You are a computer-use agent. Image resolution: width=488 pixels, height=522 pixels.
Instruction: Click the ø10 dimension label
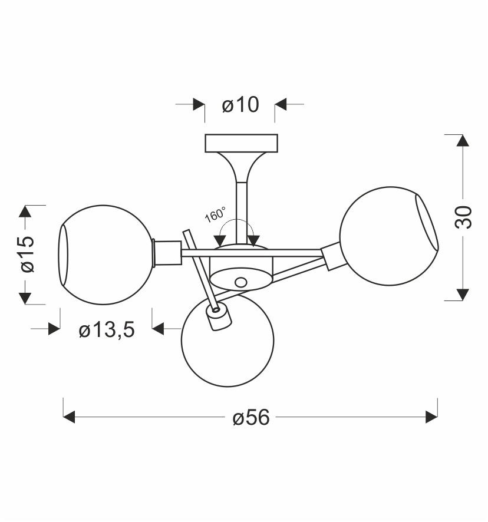[240, 104]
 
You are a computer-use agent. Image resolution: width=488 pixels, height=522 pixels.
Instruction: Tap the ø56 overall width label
[251, 417]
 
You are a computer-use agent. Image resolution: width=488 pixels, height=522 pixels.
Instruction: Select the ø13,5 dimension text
[107, 329]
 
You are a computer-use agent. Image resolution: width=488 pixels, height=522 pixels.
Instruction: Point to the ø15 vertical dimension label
[27, 254]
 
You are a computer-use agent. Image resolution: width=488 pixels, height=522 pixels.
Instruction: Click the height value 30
[463, 217]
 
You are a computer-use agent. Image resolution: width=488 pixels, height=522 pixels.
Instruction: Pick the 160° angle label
[215, 214]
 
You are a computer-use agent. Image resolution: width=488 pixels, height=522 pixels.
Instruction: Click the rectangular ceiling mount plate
[241, 143]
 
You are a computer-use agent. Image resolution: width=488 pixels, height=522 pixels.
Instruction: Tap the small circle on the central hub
[240, 283]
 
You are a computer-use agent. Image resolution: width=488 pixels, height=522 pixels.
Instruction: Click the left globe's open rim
[63, 255]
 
